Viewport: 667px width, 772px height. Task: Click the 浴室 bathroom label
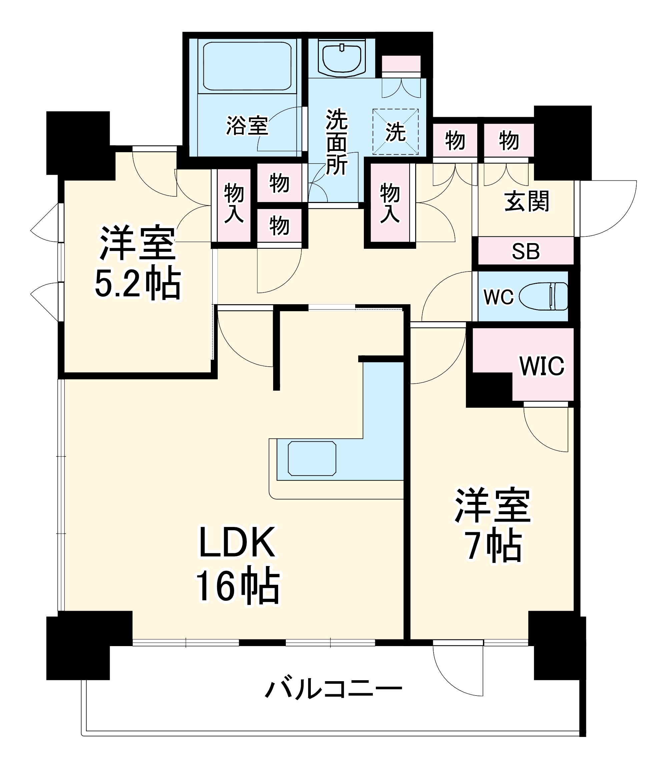pyautogui.click(x=247, y=126)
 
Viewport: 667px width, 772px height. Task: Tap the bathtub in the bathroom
pyautogui.click(x=247, y=66)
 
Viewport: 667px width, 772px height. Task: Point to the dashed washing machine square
pyautogui.click(x=395, y=132)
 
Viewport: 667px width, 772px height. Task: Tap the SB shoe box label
pyautogui.click(x=526, y=251)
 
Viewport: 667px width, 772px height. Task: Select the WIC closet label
pyautogui.click(x=542, y=366)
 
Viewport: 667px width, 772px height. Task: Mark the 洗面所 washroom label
pyautogui.click(x=337, y=142)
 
